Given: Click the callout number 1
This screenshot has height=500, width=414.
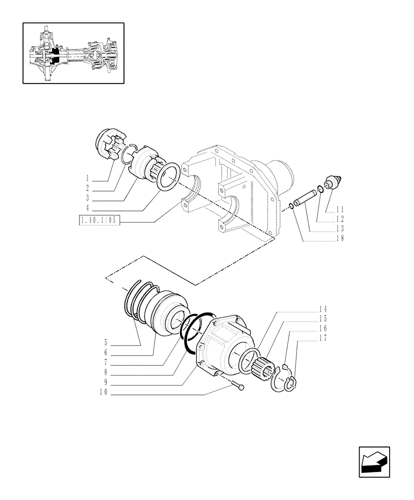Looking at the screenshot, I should (87, 178).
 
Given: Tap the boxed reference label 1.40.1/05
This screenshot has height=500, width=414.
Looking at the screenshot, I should (100, 220).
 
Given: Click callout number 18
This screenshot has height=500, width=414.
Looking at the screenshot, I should (340, 238).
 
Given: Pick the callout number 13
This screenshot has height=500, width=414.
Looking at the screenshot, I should (340, 228).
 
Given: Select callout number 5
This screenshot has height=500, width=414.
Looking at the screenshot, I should (106, 342).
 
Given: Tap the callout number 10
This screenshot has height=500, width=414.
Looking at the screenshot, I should (103, 393).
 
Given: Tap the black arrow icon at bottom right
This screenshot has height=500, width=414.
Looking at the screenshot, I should (373, 462).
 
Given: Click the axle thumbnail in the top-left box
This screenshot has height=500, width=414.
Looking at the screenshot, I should (73, 53).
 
